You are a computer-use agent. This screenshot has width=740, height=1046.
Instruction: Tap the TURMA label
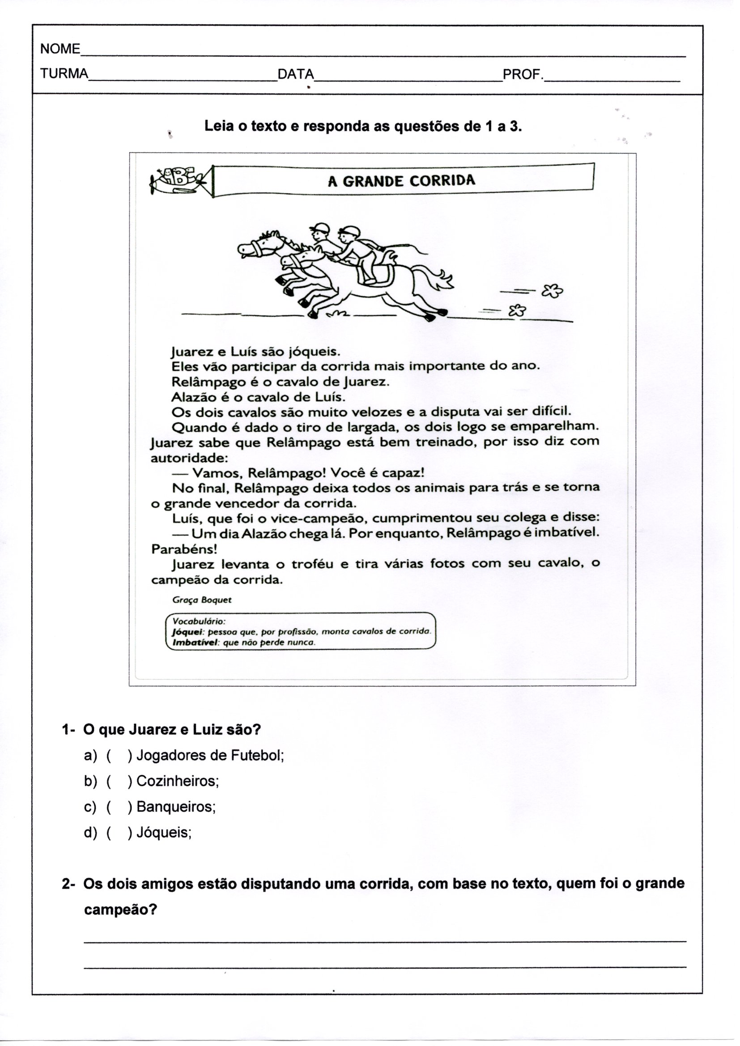tap(64, 74)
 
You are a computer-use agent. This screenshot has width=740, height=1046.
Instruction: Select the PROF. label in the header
tap(523, 74)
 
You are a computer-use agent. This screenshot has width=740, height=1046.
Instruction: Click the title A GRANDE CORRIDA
tap(401, 181)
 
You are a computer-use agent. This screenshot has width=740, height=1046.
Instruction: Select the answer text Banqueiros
tap(175, 807)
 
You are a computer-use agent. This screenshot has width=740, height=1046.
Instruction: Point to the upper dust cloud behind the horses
tap(552, 290)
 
